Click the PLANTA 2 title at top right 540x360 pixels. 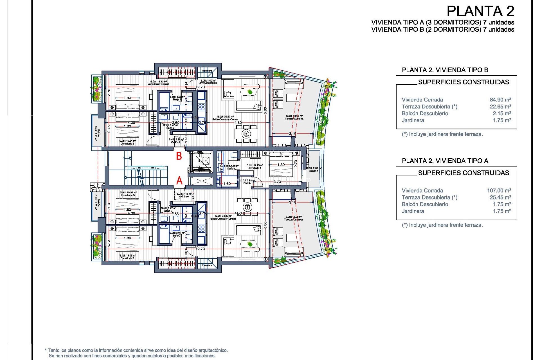[480, 11]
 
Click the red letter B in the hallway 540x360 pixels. [179, 156]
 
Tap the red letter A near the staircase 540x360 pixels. [179, 181]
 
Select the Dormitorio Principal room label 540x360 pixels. [158, 84]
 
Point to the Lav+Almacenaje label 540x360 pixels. [208, 83]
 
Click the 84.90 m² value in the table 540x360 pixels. [500, 100]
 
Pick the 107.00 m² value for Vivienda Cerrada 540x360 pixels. [499, 190]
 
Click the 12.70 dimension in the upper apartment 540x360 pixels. [200, 87]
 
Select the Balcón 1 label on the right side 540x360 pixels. [313, 171]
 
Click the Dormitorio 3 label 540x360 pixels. [128, 195]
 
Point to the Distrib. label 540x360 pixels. [247, 183]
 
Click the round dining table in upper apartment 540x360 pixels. [246, 134]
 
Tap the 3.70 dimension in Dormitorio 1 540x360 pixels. [277, 182]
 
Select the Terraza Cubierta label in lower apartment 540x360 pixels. [294, 220]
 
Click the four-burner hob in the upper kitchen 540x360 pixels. [201, 107]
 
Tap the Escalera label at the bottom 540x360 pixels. [207, 265]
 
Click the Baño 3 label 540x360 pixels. [168, 211]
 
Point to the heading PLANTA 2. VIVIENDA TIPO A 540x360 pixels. [445, 161]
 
